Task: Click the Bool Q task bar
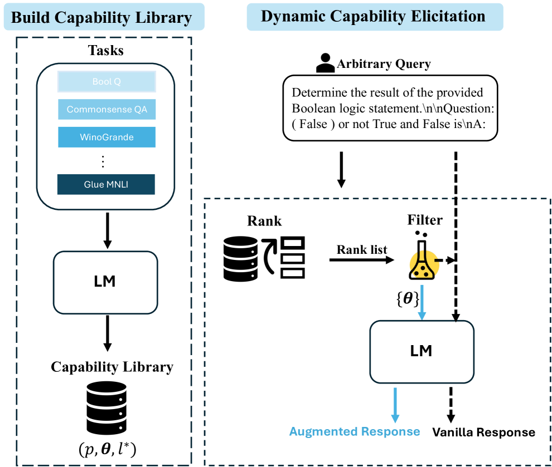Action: click(x=106, y=82)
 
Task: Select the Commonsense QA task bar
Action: click(x=106, y=109)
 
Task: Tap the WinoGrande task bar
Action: click(x=106, y=137)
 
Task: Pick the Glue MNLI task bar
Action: click(x=106, y=184)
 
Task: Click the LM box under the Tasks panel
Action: click(x=105, y=282)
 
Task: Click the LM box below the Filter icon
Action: click(x=422, y=351)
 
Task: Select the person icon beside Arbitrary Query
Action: click(x=325, y=63)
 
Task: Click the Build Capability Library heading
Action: click(x=101, y=17)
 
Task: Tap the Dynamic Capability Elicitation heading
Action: click(x=375, y=16)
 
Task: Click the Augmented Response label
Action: click(x=355, y=431)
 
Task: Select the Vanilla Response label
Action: click(x=484, y=432)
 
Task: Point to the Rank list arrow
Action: click(x=362, y=259)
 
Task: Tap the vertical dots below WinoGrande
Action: click(x=103, y=161)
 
